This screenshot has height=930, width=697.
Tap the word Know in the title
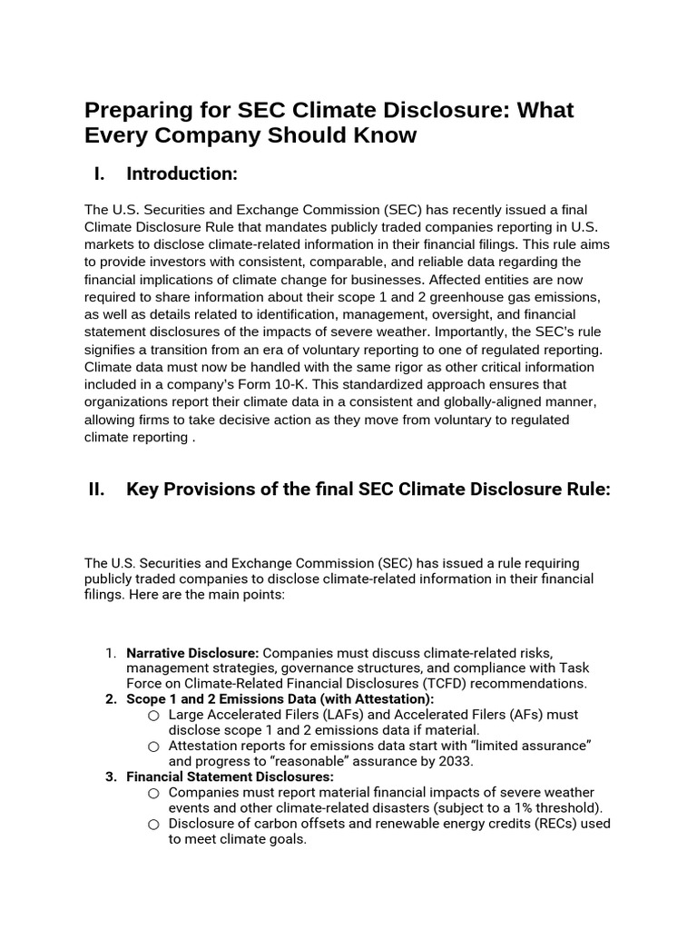[x=385, y=136]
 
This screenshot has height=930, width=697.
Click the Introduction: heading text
[x=182, y=173]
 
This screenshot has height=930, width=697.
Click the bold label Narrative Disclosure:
[x=192, y=653]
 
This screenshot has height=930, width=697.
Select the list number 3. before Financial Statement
[x=111, y=777]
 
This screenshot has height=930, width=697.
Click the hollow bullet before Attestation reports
[x=153, y=747]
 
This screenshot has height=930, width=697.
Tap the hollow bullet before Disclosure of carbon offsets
[x=153, y=825]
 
